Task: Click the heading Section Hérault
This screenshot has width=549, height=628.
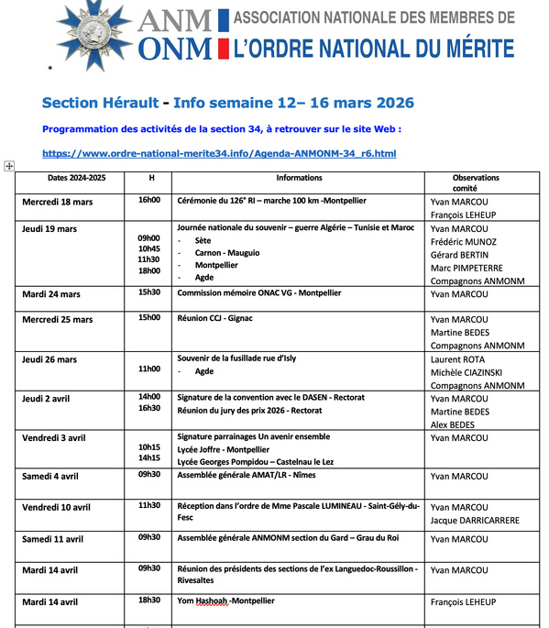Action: pyautogui.click(x=101, y=103)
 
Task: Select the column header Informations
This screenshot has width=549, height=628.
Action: pyautogui.click(x=298, y=178)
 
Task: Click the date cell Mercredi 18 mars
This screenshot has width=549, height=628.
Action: pyautogui.click(x=59, y=202)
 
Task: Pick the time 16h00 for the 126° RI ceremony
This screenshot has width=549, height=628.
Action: pyautogui.click(x=149, y=200)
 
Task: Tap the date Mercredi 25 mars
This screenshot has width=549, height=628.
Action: pyautogui.click(x=59, y=320)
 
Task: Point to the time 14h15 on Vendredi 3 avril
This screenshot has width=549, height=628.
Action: pyautogui.click(x=149, y=457)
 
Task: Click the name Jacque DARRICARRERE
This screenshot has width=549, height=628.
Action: pyautogui.click(x=475, y=520)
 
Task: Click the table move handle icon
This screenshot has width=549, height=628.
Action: pyautogui.click(x=9, y=166)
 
